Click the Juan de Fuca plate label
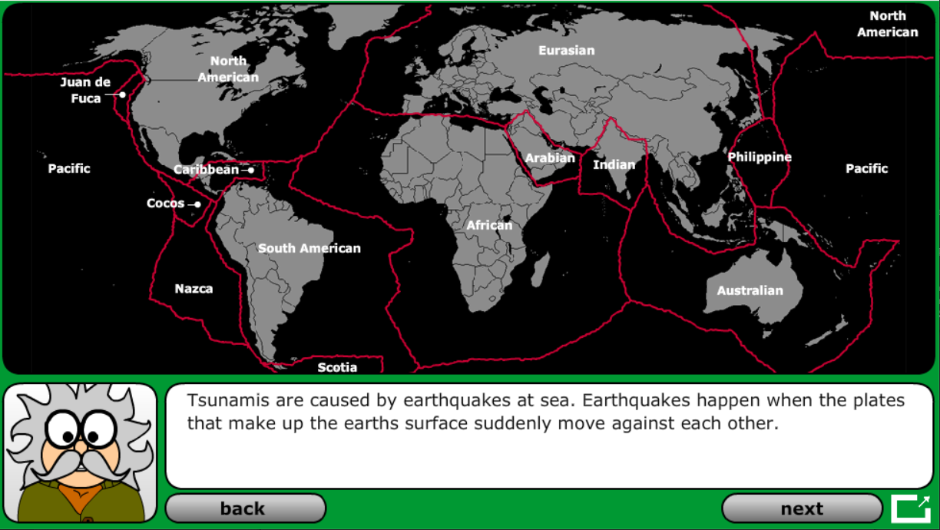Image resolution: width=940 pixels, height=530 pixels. coord(85,90)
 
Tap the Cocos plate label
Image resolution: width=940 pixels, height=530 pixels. coord(166,204)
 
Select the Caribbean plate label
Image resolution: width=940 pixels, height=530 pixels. coord(206,170)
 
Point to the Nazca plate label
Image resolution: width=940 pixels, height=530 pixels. coord(194,289)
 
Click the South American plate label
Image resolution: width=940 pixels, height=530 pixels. coord(309,248)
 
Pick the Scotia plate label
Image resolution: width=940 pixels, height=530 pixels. coord(337,367)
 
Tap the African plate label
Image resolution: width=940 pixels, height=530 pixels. coord(489,225)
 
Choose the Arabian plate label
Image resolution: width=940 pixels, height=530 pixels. coord(550,158)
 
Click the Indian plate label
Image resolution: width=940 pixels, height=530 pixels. coord(614,164)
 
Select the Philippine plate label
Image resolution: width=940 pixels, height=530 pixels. coord(760,157)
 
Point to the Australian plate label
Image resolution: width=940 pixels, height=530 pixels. coord(750,290)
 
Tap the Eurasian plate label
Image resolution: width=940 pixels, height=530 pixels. coord(566,51)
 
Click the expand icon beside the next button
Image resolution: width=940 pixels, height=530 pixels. coord(911,508)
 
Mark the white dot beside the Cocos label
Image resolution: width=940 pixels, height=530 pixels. coord(197,204)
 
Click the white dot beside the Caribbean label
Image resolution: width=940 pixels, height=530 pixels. coord(250,171)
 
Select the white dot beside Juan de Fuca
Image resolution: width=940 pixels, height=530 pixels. coord(122,94)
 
